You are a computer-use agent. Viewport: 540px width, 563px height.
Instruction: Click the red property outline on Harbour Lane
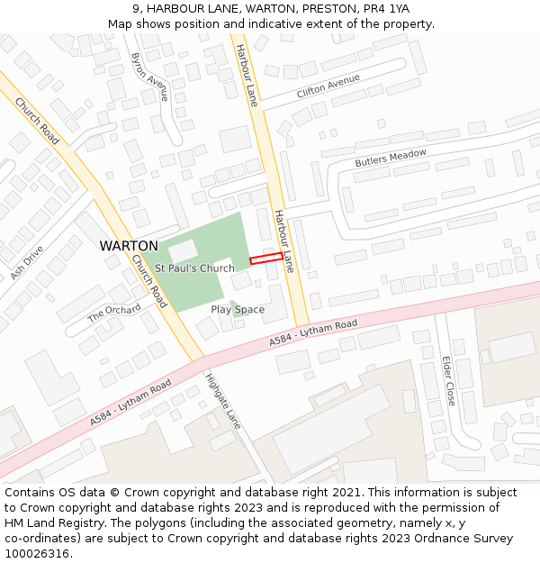[265, 259]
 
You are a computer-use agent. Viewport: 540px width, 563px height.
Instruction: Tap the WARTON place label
[129, 246]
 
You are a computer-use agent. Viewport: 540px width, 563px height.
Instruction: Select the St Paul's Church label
[194, 268]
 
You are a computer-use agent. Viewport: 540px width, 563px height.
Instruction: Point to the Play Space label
[238, 310]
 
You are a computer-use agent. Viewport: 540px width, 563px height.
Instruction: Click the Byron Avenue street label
[149, 77]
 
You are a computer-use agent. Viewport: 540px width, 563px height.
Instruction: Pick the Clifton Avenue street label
[328, 86]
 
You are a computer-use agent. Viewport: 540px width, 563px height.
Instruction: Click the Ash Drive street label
[26, 262]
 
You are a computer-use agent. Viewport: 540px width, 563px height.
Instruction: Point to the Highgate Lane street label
[223, 400]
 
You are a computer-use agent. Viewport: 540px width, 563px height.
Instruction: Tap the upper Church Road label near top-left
[38, 121]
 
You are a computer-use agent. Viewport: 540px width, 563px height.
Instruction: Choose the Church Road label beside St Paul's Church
[148, 280]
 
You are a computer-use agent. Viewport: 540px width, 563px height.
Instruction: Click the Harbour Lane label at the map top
[246, 75]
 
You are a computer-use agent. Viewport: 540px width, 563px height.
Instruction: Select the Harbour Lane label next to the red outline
[283, 241]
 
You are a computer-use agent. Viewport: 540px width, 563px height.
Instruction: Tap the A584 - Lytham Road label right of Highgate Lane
[313, 335]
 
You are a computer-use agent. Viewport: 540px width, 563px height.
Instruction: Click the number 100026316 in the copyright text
[35, 554]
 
